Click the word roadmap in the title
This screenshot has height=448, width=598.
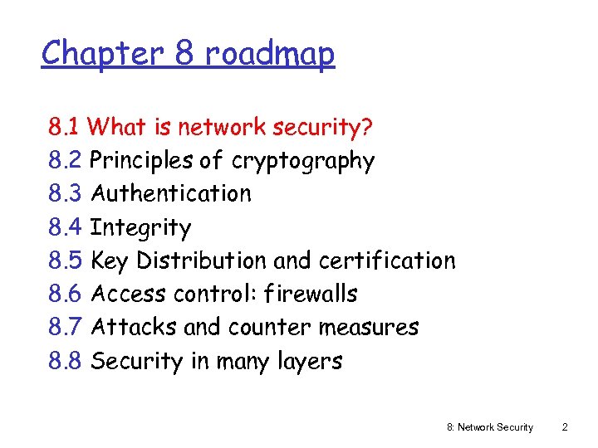(270, 54)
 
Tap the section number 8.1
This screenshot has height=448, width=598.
(64, 127)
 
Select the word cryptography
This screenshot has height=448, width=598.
(303, 161)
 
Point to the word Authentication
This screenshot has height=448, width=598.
(171, 194)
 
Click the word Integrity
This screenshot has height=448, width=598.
(140, 227)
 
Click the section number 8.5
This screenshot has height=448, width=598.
(65, 261)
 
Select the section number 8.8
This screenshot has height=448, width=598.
(65, 361)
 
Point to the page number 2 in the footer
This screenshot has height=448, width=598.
(565, 427)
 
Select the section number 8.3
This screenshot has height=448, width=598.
(65, 194)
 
